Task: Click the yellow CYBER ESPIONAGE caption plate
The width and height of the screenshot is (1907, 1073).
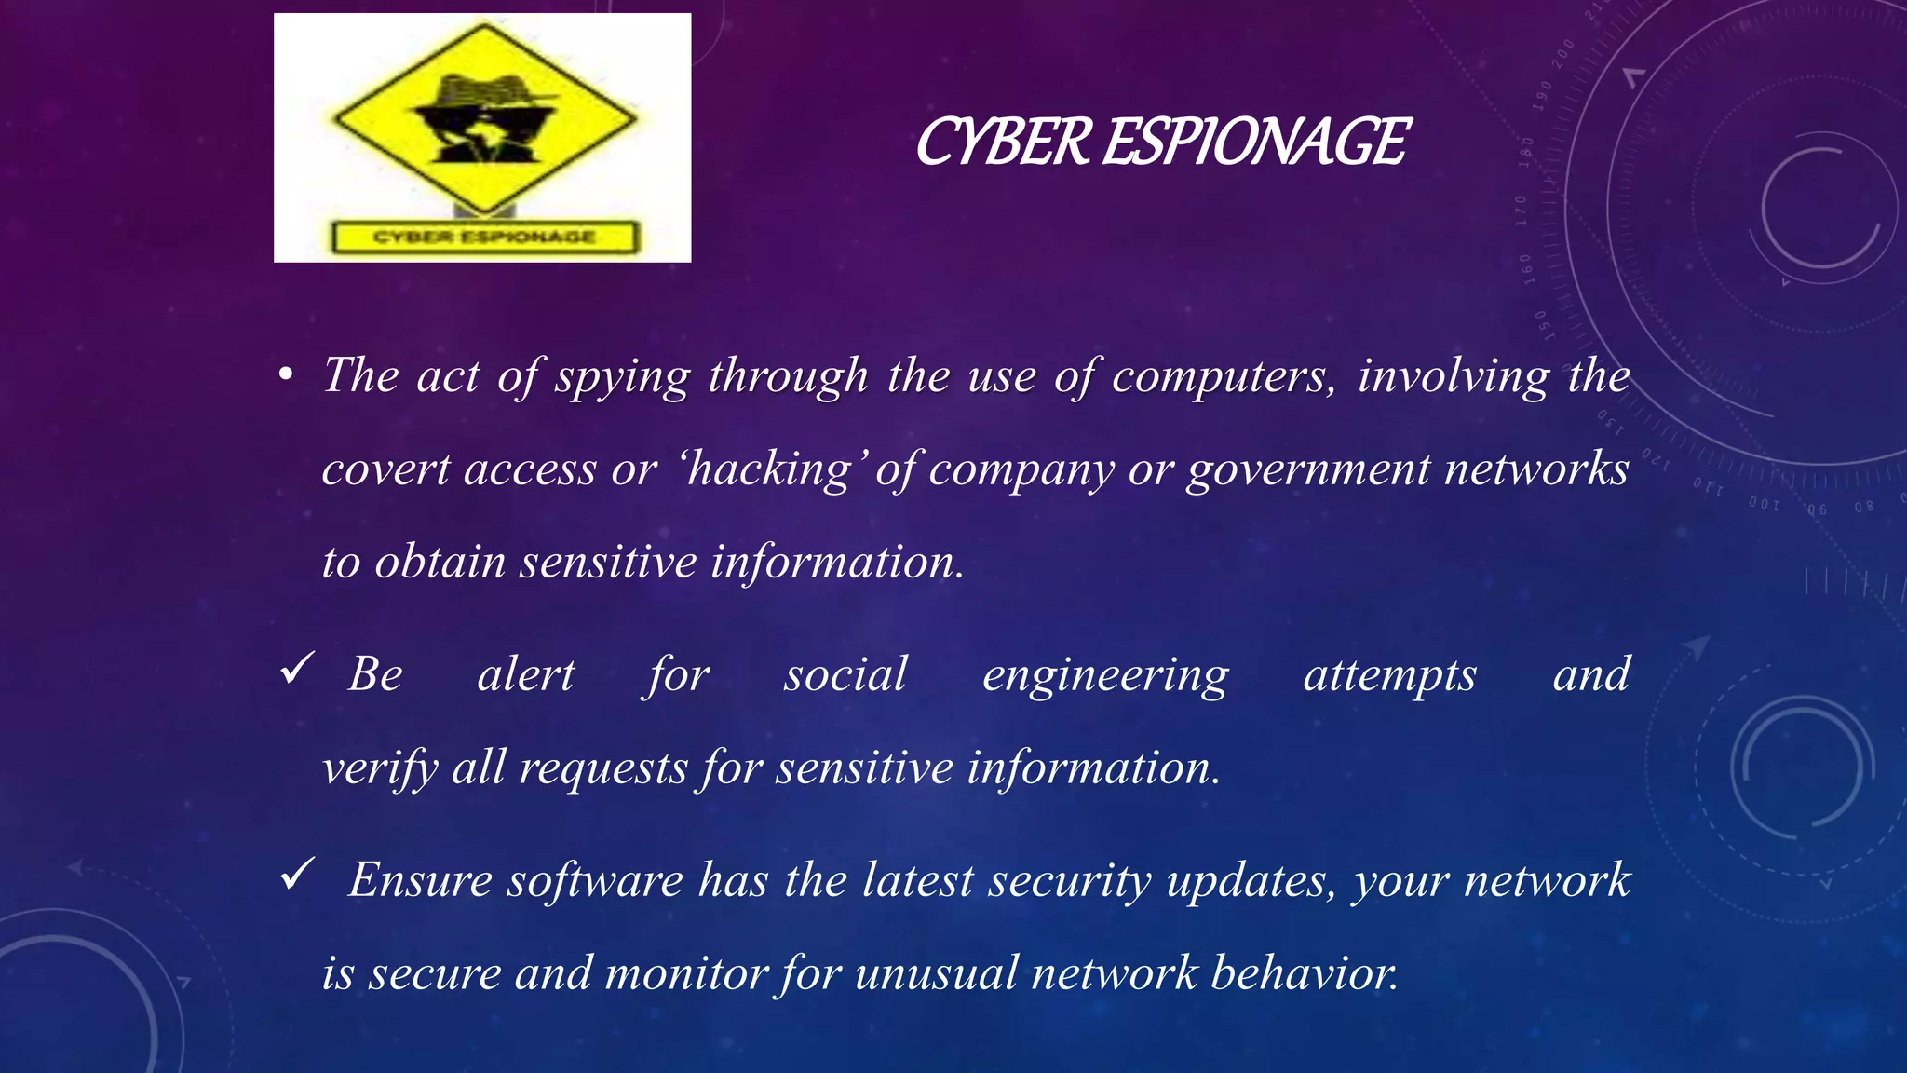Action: tap(484, 237)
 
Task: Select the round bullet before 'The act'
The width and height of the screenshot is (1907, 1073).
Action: tap(286, 376)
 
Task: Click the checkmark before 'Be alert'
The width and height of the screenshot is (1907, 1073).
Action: tap(297, 669)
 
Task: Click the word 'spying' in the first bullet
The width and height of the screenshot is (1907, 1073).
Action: tap(623, 378)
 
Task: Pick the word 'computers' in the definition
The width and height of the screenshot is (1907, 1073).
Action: tap(1223, 376)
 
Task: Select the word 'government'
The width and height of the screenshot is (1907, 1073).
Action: tap(1307, 469)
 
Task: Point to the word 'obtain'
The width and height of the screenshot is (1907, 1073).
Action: tap(440, 563)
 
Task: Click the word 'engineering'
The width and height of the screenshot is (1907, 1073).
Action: tap(1105, 676)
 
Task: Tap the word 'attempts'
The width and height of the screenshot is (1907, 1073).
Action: tap(1389, 676)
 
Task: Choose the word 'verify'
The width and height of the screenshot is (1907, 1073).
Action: tap(379, 769)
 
